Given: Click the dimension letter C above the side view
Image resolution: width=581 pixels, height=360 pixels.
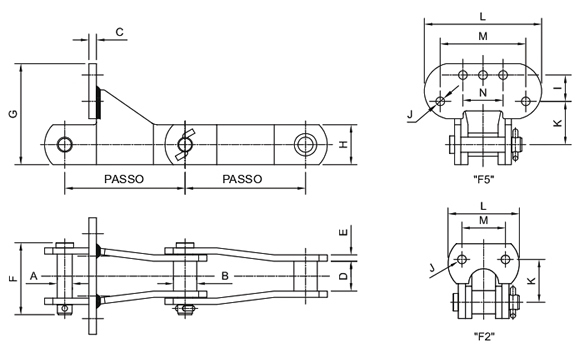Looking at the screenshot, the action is pyautogui.click(x=119, y=32).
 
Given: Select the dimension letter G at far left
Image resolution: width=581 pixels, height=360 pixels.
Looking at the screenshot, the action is pyautogui.click(x=13, y=114).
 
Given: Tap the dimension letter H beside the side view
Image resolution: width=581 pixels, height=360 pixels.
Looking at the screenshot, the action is pyautogui.click(x=344, y=144).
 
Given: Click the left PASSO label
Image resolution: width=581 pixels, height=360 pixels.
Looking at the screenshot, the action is pyautogui.click(x=124, y=179).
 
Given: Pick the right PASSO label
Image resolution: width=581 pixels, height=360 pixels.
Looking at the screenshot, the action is pyautogui.click(x=242, y=179).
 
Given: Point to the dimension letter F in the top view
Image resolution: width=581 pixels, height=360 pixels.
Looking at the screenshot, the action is pyautogui.click(x=13, y=278).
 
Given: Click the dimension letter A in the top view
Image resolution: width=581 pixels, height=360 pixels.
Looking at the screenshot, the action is pyautogui.click(x=33, y=276).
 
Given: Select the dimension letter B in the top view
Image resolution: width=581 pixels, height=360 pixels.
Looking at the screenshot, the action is pyautogui.click(x=225, y=276).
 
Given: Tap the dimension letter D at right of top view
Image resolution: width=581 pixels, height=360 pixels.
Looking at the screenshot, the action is pyautogui.click(x=344, y=276).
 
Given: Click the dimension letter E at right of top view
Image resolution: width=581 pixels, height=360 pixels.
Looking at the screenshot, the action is pyautogui.click(x=344, y=232).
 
